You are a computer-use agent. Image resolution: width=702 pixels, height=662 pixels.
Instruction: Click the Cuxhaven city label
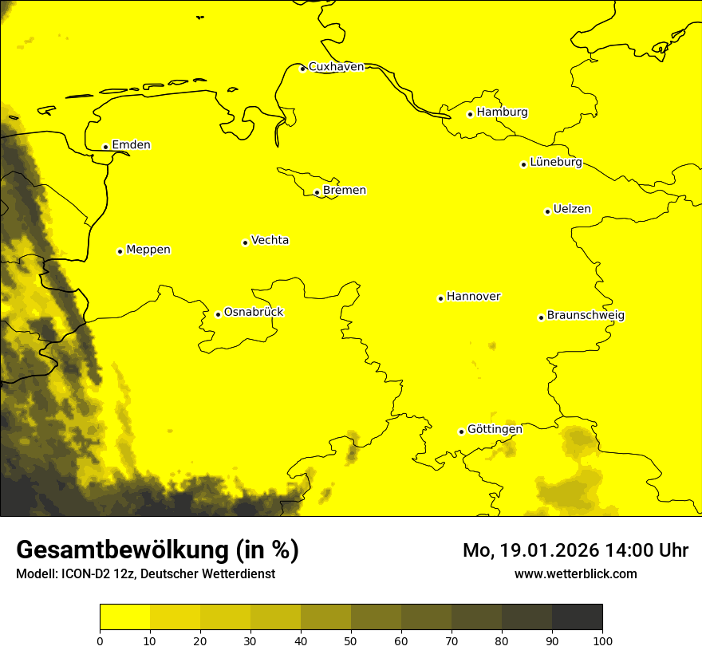pyautogui.click(x=336, y=67)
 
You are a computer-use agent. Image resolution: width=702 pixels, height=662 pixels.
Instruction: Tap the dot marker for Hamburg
pyautogui.click(x=471, y=114)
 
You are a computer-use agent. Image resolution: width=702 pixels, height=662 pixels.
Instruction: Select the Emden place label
pyautogui.click(x=131, y=145)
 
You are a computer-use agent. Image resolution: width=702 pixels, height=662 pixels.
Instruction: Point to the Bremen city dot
pyautogui.click(x=317, y=192)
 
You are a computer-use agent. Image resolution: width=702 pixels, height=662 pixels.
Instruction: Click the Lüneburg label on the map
pyautogui.click(x=555, y=163)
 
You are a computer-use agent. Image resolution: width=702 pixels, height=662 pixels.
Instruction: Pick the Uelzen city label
pyautogui.click(x=572, y=210)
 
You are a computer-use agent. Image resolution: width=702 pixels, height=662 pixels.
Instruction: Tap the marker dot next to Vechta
pyautogui.click(x=245, y=242)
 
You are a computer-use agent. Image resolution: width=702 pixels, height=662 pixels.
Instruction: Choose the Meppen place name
pyautogui.click(x=148, y=250)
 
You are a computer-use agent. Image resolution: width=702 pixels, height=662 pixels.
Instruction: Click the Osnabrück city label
pyautogui.click(x=254, y=313)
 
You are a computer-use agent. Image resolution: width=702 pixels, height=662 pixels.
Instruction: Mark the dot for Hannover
pyautogui.click(x=440, y=298)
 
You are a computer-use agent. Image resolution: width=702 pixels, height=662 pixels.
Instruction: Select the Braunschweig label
pyautogui.click(x=586, y=316)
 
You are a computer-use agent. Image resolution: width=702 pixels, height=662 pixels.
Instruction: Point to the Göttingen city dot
pyautogui.click(x=461, y=431)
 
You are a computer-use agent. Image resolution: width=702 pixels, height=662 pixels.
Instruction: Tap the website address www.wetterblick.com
pyautogui.click(x=576, y=574)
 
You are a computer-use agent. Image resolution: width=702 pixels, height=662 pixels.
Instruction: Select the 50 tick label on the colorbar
pyautogui.click(x=351, y=640)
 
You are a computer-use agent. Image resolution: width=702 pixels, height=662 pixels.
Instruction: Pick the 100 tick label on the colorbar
pyautogui.click(x=602, y=640)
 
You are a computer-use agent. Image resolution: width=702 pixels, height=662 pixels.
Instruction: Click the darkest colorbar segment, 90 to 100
pyautogui.click(x=577, y=617)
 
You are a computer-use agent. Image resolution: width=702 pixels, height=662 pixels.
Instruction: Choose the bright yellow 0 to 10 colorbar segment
pyautogui.click(x=124, y=617)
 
